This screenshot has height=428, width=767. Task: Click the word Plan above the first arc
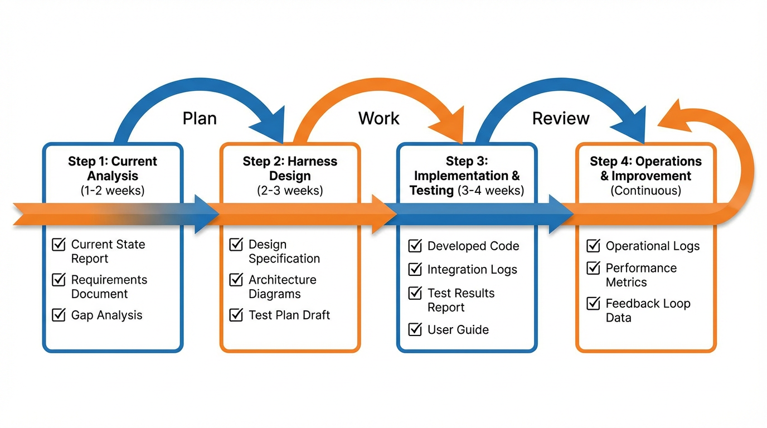[x=200, y=118]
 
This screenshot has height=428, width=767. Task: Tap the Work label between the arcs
[x=379, y=118]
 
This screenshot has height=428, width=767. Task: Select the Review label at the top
[x=561, y=118]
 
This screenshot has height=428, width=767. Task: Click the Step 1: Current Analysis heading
[x=113, y=168]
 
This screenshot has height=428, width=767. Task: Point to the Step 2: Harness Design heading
[x=290, y=168]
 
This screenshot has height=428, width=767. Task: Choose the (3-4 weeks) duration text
[x=490, y=191]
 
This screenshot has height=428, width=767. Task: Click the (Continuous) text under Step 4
[x=645, y=191]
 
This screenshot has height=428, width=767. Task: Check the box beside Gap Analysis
[x=59, y=315]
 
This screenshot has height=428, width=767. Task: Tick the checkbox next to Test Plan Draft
[x=236, y=315]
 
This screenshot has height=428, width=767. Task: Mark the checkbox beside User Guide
[x=415, y=329]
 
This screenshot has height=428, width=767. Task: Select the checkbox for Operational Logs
[x=593, y=246]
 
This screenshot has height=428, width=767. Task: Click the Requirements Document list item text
[x=109, y=286]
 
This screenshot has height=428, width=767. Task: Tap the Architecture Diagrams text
[x=282, y=286]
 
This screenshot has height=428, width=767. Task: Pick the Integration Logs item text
[x=472, y=270]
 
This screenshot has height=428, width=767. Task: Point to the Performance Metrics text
[x=641, y=275]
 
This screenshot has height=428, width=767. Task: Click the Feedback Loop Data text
[x=648, y=310]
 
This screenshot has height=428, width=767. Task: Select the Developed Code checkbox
[x=415, y=246]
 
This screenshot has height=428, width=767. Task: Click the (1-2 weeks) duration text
[x=113, y=191]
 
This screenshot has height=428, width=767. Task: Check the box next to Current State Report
[x=59, y=245]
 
